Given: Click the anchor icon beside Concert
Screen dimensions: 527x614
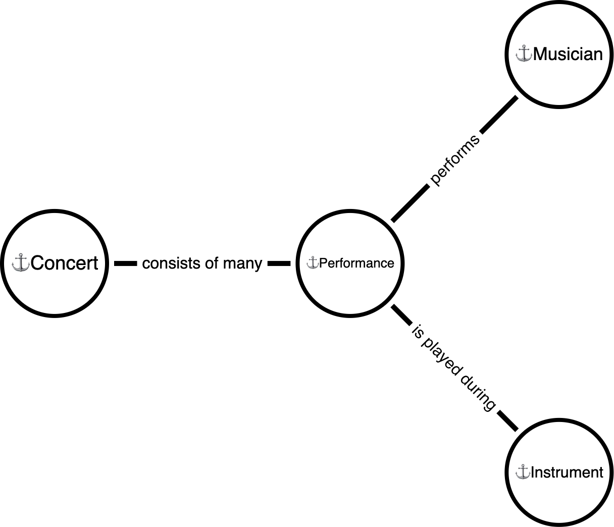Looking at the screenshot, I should [x=21, y=263].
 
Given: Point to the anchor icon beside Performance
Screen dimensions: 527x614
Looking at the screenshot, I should [x=313, y=263].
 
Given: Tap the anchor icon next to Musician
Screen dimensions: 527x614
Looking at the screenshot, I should [x=524, y=54].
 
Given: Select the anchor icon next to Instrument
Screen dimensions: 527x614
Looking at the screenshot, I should [x=522, y=472].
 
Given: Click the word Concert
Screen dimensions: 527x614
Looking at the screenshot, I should [x=64, y=263].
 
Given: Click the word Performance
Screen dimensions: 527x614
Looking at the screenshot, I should [x=356, y=263].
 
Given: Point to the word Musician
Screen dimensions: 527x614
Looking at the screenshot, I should [x=568, y=54].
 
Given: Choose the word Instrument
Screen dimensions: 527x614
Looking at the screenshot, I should [x=567, y=472].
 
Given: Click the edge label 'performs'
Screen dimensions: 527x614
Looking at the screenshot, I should [x=454, y=161].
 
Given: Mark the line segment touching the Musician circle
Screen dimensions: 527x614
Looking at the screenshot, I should [x=499, y=115].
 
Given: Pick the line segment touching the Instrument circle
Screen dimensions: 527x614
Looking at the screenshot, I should [x=507, y=421].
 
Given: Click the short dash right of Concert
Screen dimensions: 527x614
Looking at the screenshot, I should [x=125, y=263].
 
